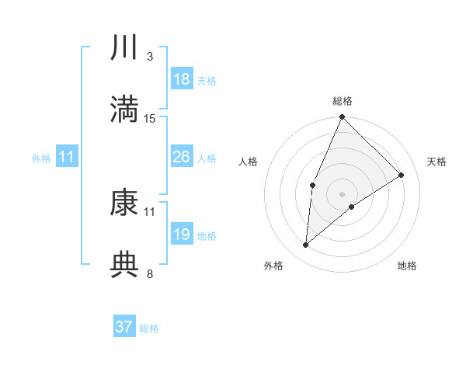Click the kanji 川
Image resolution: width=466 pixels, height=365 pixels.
click(x=124, y=48)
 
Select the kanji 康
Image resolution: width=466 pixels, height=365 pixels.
click(x=124, y=203)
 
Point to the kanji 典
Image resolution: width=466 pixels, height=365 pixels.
click(x=124, y=264)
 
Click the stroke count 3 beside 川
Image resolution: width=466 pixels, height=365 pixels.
click(x=149, y=57)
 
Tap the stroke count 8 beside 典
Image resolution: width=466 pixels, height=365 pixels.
click(x=149, y=273)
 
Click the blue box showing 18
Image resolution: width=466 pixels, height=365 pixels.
click(x=181, y=79)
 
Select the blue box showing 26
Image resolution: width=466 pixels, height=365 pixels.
click(x=181, y=157)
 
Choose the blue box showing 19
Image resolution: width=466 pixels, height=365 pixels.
click(x=181, y=235)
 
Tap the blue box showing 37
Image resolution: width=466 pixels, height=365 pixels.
click(x=123, y=327)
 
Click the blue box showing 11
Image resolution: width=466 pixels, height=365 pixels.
click(x=66, y=157)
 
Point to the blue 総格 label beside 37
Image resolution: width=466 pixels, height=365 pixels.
click(x=149, y=328)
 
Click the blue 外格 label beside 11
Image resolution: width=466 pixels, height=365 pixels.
click(x=41, y=158)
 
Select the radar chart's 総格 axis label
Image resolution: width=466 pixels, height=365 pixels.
click(x=343, y=101)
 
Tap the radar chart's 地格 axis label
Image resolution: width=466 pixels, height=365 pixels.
click(x=407, y=266)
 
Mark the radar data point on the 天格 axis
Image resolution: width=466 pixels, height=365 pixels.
click(x=402, y=175)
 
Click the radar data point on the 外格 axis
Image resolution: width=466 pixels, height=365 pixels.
click(x=306, y=245)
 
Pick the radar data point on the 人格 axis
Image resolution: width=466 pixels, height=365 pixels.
click(x=312, y=185)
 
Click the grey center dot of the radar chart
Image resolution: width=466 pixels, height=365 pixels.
click(x=343, y=194)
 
